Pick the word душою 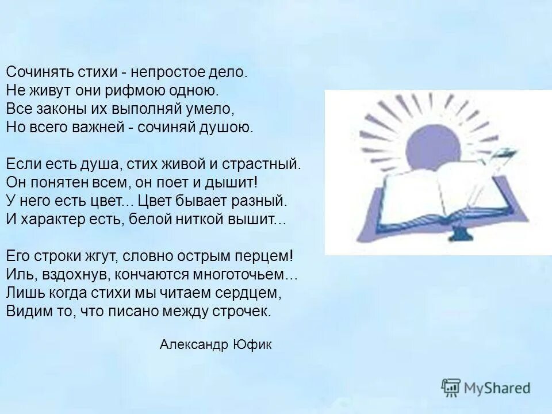coord(228,127)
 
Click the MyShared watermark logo coord(486,388)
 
